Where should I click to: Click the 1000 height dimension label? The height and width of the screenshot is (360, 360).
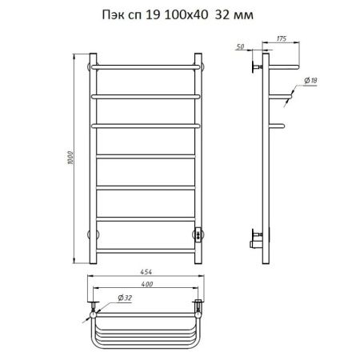tap(70, 158)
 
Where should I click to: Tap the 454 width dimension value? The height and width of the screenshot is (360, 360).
tap(146, 272)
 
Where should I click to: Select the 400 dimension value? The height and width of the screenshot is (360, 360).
tap(147, 284)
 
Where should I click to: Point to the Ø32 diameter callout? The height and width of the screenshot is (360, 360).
tap(125, 298)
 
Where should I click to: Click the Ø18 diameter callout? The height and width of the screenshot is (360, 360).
tap(310, 80)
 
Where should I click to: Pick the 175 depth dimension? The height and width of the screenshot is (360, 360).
tap(282, 38)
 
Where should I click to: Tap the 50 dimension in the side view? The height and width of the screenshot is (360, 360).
tap(240, 46)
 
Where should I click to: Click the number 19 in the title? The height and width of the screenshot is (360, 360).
tap(153, 15)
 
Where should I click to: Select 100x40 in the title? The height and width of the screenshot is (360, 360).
tap(186, 15)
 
